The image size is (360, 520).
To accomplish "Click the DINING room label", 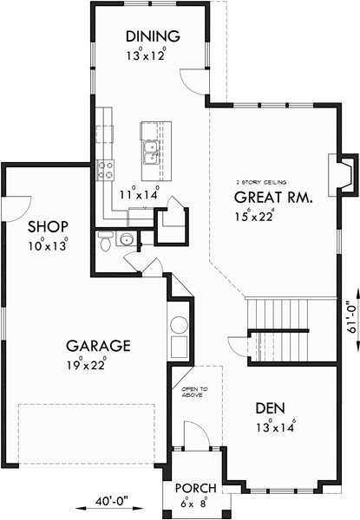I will coord(152,36).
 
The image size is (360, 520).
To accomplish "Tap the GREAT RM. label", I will coord(272,197).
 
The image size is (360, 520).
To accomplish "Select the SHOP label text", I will coord(47,227).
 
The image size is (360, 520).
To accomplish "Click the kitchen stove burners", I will coord(107,170).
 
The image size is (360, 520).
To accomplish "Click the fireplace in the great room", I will coord(344,173).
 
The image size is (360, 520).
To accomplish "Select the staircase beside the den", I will coord(278,315).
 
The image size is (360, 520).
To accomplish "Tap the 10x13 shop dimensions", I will coord(47,245).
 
